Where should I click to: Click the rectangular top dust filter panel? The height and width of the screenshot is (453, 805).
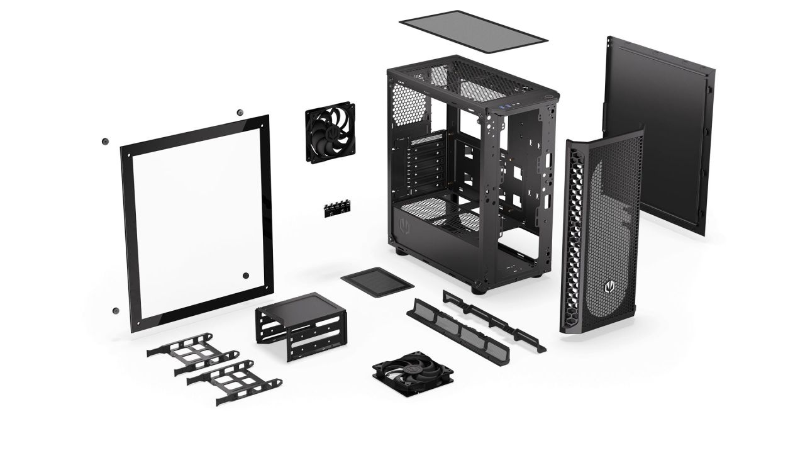point(473,28)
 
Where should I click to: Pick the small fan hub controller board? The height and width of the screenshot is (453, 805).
point(337,209)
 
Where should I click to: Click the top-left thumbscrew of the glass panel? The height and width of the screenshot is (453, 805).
point(104,140)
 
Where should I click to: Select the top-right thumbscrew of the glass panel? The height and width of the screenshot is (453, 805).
point(240,113)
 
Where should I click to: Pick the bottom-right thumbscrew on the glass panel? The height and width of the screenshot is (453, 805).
point(245,276)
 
